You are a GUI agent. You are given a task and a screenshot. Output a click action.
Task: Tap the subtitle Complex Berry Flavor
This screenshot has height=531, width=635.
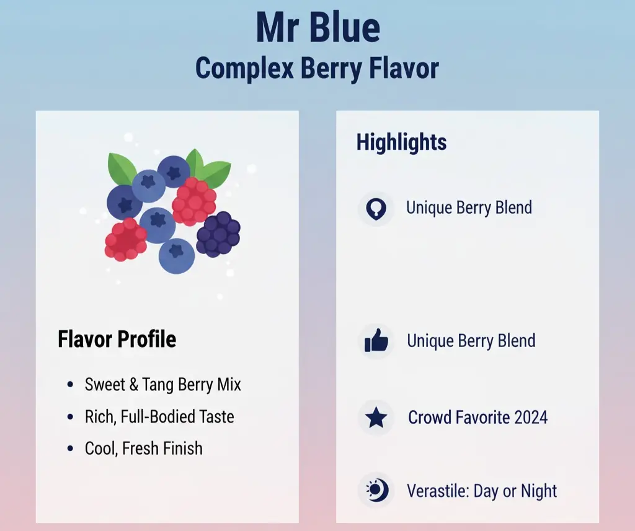pos(317,68)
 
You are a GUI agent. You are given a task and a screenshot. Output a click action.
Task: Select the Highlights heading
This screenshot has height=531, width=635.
pos(401,142)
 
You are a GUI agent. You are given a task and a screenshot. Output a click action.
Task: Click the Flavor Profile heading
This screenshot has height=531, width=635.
pos(117,339)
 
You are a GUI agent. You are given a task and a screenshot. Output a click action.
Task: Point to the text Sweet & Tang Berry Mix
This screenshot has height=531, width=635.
pos(162,385)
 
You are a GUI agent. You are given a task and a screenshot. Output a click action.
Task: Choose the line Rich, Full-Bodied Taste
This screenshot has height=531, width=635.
pos(159,416)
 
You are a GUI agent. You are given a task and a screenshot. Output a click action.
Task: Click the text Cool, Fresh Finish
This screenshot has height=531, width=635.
pos(144,448)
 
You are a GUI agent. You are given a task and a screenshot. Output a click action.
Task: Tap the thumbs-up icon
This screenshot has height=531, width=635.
pos(376,341)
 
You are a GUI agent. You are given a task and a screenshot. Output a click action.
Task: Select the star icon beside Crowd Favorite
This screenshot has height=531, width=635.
pos(376,418)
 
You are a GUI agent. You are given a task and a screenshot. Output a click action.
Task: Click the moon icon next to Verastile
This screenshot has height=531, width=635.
pos(376,491)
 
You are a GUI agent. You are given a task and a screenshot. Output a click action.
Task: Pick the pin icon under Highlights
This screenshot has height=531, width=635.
pos(376,208)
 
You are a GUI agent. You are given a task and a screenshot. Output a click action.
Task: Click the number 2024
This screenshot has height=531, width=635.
pos(527,417)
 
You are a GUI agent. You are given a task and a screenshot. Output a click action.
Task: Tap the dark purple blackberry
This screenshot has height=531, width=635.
pos(218,235)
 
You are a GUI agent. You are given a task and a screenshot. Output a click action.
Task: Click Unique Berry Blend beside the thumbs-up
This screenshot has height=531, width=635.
pos(471,341)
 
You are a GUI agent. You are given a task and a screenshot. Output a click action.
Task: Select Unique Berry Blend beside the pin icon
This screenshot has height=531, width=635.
pos(469,207)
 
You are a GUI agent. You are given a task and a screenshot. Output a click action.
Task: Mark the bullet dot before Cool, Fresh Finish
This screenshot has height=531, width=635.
pos(70,449)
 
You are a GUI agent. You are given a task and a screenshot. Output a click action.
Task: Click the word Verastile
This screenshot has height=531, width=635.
pos(437,491)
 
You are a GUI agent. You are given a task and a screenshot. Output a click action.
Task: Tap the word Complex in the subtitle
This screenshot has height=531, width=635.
pos(244,68)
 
